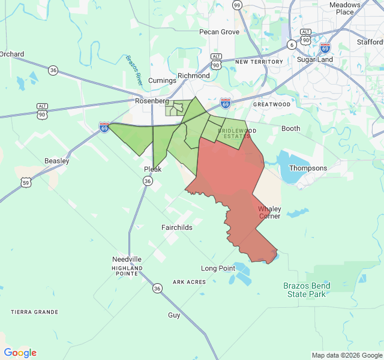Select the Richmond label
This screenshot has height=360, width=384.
coord(194,76)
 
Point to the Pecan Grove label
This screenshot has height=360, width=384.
coord(220,32)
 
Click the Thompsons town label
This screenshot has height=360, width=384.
coord(308,169)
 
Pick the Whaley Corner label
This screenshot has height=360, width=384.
coord(269,212)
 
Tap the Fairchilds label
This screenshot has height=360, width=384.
coord(177,228)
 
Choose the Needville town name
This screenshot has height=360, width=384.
coord(127,259)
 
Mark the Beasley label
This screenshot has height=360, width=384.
coord(57,161)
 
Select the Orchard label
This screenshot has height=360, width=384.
coord(12,54)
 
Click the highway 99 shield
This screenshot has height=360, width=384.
coord(237,5)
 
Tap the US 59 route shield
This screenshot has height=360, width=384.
coord(25,182)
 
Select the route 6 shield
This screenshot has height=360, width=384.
coord(292,44)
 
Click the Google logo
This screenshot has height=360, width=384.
coord(20,353)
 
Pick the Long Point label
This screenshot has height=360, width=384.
coord(218,268)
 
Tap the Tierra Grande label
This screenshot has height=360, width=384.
coord(35,312)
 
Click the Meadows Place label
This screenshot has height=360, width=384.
coord(345,8)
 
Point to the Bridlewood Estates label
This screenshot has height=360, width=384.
coord(237,133)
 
